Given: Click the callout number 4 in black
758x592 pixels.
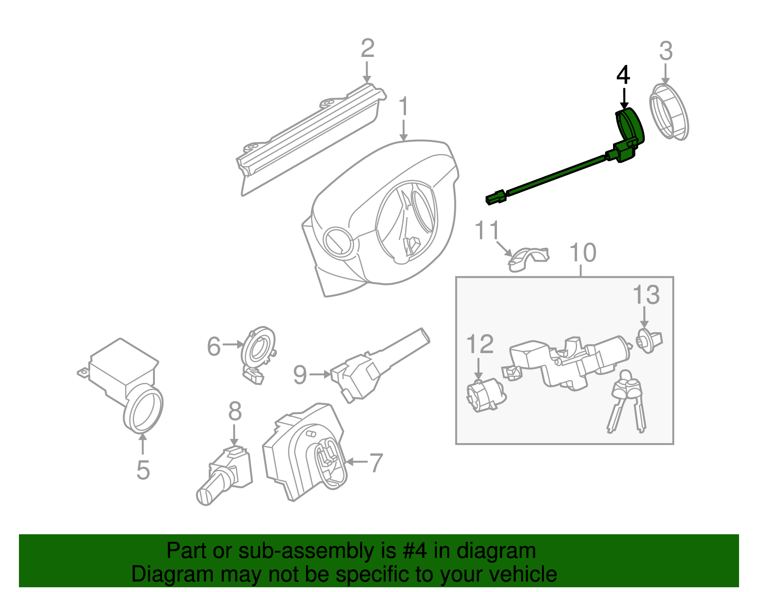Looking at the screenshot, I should pos(623,76).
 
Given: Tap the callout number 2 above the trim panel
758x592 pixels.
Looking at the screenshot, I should pos(367,48).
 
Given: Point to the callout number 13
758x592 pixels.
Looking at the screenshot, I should pos(646,295).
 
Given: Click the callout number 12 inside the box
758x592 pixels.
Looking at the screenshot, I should pos(480,344).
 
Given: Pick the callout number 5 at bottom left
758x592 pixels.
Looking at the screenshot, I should pos(143,470).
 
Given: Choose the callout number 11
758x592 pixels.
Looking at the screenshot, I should pos(487,230).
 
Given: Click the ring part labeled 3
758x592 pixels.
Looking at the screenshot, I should pos(668,112).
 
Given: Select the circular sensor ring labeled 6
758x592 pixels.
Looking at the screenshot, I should pos(258,350).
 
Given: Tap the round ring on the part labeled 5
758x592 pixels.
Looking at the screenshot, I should pos(143,410).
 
